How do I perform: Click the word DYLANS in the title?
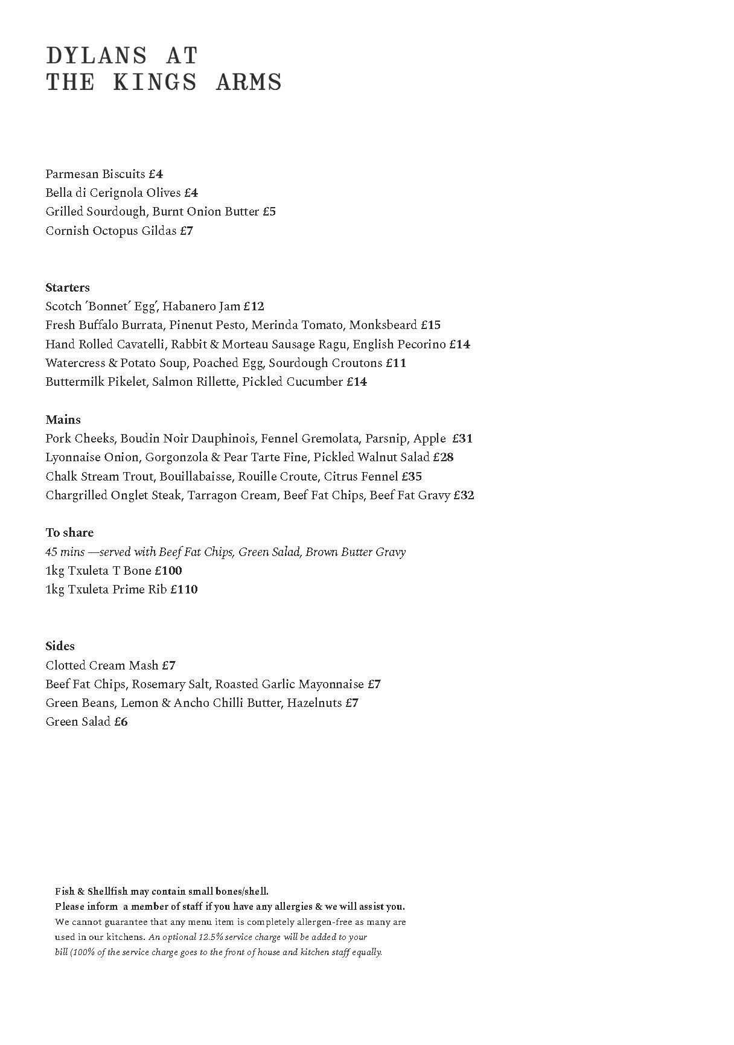[x=97, y=56]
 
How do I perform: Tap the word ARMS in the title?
[x=249, y=82]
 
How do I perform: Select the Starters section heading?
[x=68, y=287]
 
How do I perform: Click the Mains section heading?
[x=63, y=420]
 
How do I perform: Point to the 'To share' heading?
[x=69, y=532]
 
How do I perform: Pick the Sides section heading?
[x=60, y=646]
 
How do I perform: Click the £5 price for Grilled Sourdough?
[x=269, y=211]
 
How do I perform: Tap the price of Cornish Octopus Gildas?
[x=187, y=231]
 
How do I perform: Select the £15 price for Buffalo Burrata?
[x=431, y=325]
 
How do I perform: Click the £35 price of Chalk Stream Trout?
[x=412, y=476]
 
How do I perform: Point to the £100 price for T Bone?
[x=168, y=570]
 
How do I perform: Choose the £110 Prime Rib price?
[x=184, y=589]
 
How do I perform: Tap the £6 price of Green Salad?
[x=121, y=721]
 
